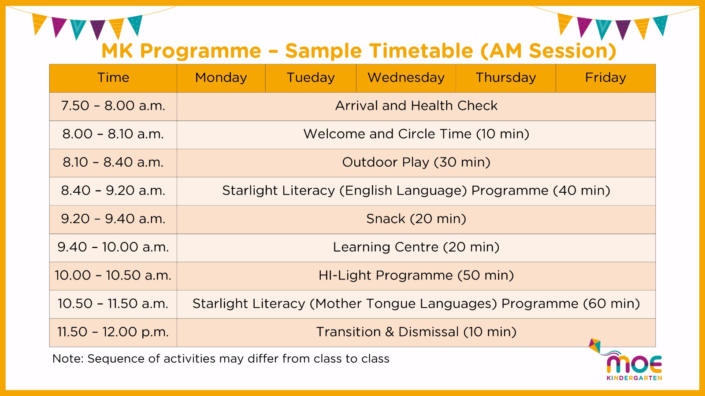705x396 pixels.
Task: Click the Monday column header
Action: (x=221, y=77)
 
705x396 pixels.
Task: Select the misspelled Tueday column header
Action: (x=311, y=77)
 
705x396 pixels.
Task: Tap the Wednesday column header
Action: (x=406, y=77)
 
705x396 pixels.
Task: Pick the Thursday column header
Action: (x=506, y=77)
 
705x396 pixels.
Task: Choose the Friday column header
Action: (x=605, y=77)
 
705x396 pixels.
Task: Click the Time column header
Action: (x=113, y=77)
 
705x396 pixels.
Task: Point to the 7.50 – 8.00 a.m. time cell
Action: (x=113, y=106)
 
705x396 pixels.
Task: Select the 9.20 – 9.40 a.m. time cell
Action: (x=113, y=219)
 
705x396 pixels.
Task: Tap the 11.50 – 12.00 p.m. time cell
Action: (x=113, y=332)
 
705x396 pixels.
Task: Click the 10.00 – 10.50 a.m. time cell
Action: (x=113, y=275)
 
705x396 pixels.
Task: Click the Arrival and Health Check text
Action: (x=416, y=106)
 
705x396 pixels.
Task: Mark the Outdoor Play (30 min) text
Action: (x=416, y=162)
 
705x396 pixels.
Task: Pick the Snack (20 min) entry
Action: (x=416, y=219)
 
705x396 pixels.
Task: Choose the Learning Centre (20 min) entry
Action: (x=416, y=247)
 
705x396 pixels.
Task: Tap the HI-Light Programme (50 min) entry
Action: (x=416, y=275)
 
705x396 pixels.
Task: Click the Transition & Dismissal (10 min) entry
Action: (x=416, y=332)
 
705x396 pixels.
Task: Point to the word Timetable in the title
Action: (x=421, y=51)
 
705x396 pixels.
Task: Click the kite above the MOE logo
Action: (x=595, y=346)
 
